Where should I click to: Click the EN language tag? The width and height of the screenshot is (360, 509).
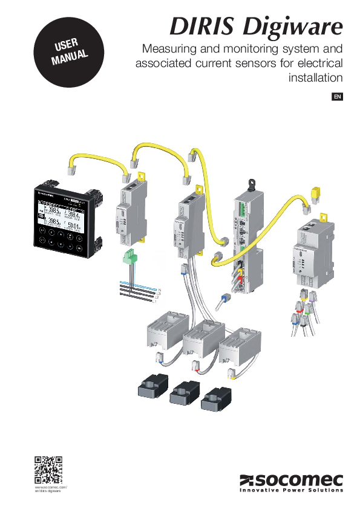point(338,97)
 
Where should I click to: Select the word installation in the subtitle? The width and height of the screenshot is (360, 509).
point(315,77)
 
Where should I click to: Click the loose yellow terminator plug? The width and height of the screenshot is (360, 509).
point(315,193)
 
